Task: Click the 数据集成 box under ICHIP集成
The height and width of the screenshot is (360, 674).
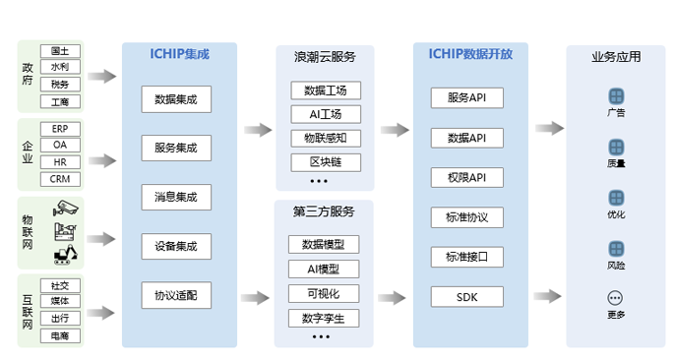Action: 176,98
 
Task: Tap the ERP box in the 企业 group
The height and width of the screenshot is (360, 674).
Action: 60,129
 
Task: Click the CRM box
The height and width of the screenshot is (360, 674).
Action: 60,179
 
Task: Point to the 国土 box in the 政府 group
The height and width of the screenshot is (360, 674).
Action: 60,51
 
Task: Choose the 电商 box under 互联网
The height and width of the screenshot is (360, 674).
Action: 60,335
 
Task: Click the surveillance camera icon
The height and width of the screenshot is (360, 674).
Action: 66,208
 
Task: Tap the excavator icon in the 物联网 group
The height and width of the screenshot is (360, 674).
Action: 66,256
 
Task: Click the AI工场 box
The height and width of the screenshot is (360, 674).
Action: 326,114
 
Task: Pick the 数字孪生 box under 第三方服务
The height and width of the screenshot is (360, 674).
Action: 324,318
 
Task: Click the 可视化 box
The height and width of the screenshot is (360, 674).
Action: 324,293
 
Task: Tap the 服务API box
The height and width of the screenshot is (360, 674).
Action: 467,98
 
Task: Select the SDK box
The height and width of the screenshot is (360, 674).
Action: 467,296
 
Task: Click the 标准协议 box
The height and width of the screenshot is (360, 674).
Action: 467,216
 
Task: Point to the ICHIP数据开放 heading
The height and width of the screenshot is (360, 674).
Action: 469,55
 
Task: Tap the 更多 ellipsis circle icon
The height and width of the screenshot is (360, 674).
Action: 616,297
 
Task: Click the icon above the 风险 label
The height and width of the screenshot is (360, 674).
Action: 616,247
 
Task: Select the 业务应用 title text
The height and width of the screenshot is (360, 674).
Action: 616,57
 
